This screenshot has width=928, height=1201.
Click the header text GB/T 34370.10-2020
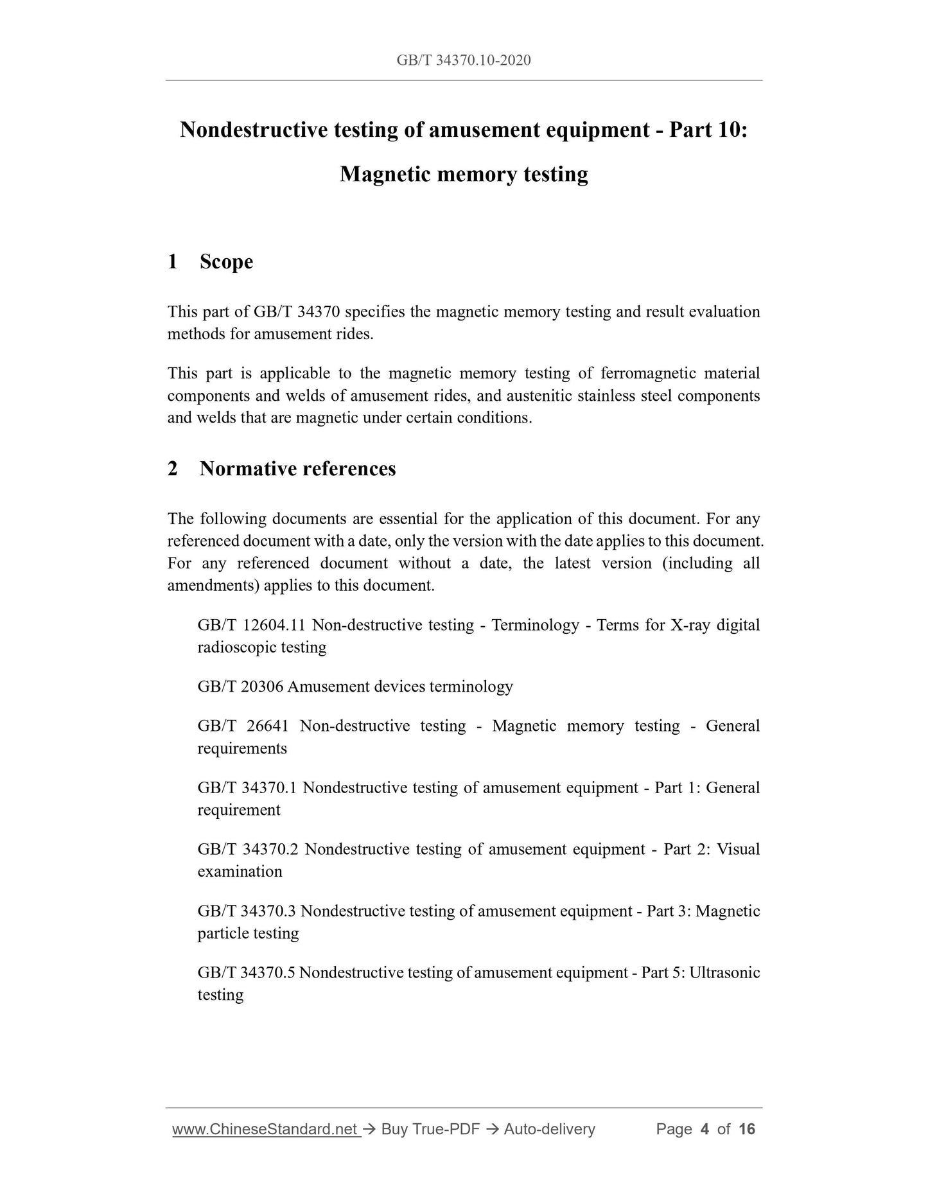(x=463, y=60)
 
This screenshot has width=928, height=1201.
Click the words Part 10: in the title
(x=708, y=130)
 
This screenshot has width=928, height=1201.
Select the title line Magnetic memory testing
(x=464, y=174)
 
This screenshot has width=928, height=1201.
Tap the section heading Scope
(x=226, y=262)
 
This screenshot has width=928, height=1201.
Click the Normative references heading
(x=297, y=469)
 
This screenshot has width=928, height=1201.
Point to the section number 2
(x=172, y=469)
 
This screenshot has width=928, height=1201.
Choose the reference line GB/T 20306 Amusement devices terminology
(x=355, y=687)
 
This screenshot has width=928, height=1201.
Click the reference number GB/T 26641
(x=243, y=726)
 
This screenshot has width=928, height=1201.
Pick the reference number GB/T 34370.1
(x=247, y=787)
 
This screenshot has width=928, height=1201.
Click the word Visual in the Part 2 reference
(x=738, y=849)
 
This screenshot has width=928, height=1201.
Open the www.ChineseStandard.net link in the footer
(x=265, y=1129)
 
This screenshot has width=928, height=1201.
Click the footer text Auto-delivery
(x=549, y=1129)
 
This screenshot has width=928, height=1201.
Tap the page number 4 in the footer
(x=705, y=1129)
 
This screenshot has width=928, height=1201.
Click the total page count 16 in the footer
(x=747, y=1129)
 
